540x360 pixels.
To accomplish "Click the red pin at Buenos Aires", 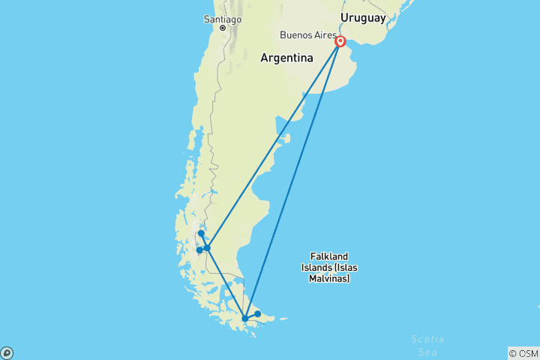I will tap(340, 42).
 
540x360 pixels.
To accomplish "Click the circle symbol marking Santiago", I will tap(223, 28).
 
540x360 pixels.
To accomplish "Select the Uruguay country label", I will tap(362, 17).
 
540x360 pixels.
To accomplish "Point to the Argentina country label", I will tap(286, 58).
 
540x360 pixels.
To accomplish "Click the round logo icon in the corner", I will tap(7, 352).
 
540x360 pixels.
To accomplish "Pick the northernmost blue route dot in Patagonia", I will tap(201, 233).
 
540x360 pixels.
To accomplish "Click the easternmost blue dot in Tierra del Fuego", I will tap(257, 313).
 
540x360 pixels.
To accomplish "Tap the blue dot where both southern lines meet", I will tap(245, 319).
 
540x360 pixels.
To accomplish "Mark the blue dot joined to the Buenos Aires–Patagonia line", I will tap(208, 247).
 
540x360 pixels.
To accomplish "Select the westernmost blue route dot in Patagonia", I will tap(199, 250).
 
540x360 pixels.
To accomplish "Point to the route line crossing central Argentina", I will tap(274, 145).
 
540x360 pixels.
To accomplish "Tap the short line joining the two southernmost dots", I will tap(251, 316).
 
